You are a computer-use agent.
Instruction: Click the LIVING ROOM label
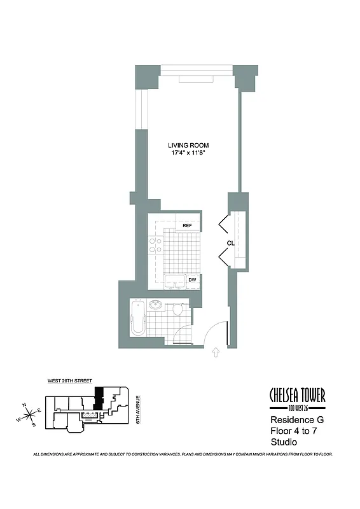point(186,145)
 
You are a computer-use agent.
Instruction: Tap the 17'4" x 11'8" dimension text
point(186,153)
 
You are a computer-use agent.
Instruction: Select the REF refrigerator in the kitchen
point(188,225)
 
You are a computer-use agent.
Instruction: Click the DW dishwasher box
point(192,280)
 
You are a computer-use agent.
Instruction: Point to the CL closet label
point(230,244)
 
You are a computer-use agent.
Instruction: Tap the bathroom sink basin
point(155,306)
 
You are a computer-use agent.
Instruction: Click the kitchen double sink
point(174,282)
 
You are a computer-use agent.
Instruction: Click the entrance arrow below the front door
point(216,352)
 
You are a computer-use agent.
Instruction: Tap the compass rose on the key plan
point(28,415)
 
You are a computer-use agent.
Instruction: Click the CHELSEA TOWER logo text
point(298,396)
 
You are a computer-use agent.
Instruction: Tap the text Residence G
point(296,421)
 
